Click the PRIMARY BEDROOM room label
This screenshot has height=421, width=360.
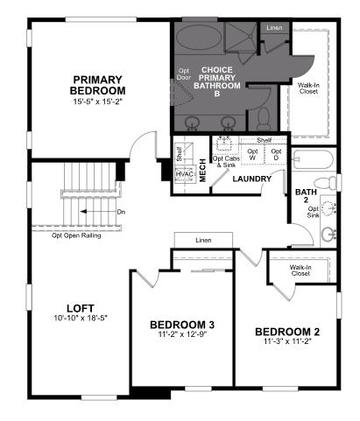click(x=98, y=85)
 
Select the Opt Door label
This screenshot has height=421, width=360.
click(x=184, y=74)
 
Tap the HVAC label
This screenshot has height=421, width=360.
click(x=184, y=173)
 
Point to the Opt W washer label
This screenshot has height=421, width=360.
click(x=253, y=154)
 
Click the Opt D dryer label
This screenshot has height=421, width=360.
click(x=276, y=154)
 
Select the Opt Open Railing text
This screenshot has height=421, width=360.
click(x=77, y=235)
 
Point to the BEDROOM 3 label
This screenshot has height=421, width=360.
click(x=182, y=326)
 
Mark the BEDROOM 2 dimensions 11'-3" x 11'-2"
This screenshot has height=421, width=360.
click(x=287, y=343)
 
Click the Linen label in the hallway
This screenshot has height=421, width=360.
click(x=203, y=240)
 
